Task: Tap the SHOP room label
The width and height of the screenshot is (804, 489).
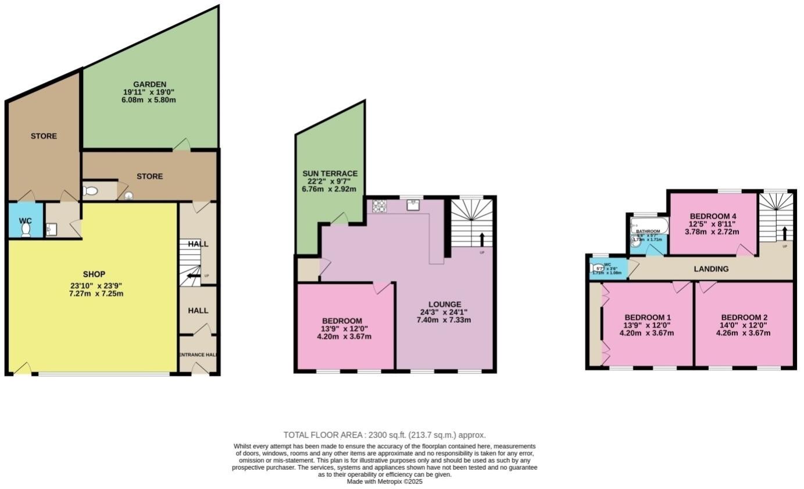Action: [94, 274]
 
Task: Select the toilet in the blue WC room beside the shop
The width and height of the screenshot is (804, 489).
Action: [26, 230]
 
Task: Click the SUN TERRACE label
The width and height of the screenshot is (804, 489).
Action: [330, 173]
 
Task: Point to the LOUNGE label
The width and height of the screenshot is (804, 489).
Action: [445, 304]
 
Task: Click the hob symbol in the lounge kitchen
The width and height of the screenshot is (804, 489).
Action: [380, 205]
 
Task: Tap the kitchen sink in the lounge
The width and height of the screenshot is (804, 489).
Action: [413, 204]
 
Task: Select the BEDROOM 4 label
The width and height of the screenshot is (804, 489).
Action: [713, 215]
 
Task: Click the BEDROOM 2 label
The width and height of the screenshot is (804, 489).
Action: [743, 317]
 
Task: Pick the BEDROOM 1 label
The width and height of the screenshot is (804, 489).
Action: [647, 317]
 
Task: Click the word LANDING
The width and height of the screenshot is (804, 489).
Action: [712, 269]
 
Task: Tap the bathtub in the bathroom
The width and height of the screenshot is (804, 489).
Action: [650, 225]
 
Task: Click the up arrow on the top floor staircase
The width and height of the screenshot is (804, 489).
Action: [785, 233]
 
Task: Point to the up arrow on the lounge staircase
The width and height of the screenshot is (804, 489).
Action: [482, 239]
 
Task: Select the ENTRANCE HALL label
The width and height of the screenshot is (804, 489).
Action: [198, 355]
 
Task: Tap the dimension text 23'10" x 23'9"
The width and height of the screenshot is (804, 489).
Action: [94, 285]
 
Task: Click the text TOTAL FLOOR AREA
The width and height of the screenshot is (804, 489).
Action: [323, 435]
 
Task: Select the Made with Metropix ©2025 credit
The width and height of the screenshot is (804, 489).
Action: [384, 481]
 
